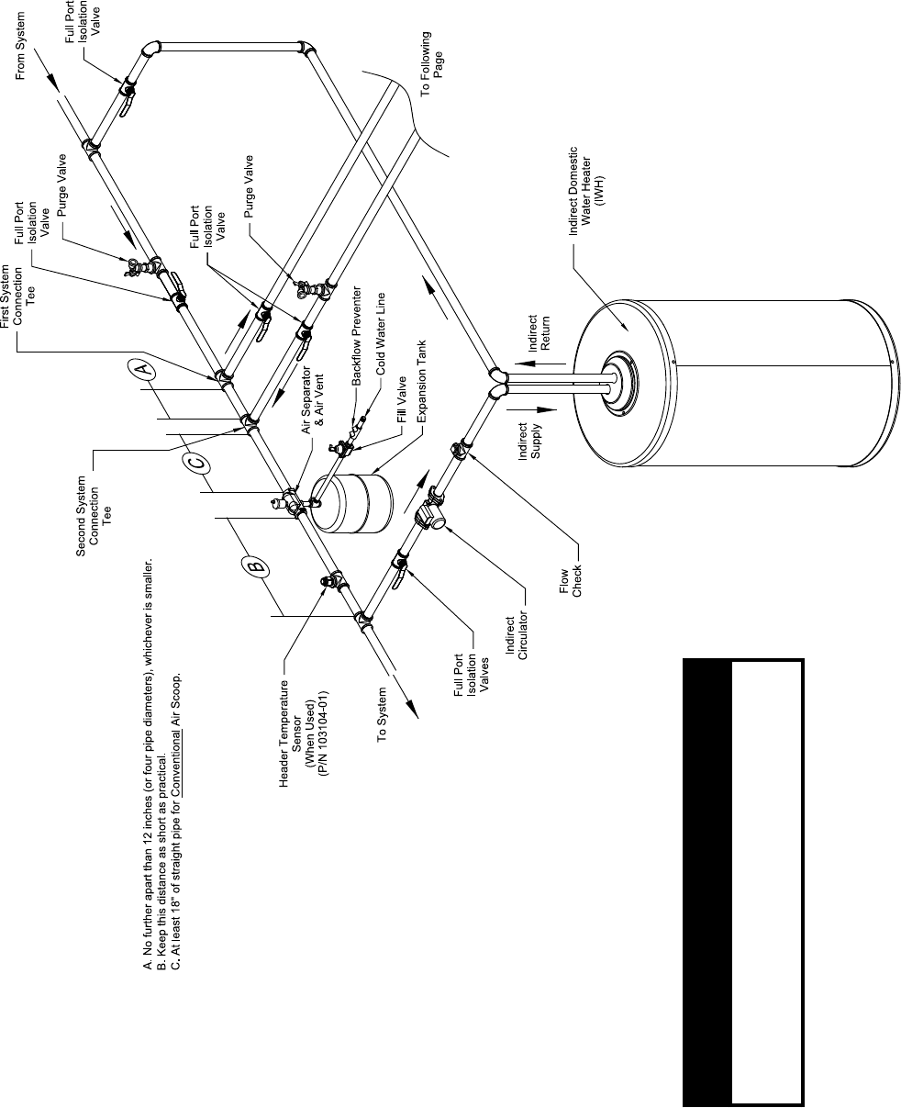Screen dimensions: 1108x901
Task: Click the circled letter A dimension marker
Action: [x=140, y=370]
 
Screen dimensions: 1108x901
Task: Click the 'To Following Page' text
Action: [x=432, y=54]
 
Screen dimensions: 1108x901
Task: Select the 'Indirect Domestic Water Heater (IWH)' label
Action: [x=586, y=192]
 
